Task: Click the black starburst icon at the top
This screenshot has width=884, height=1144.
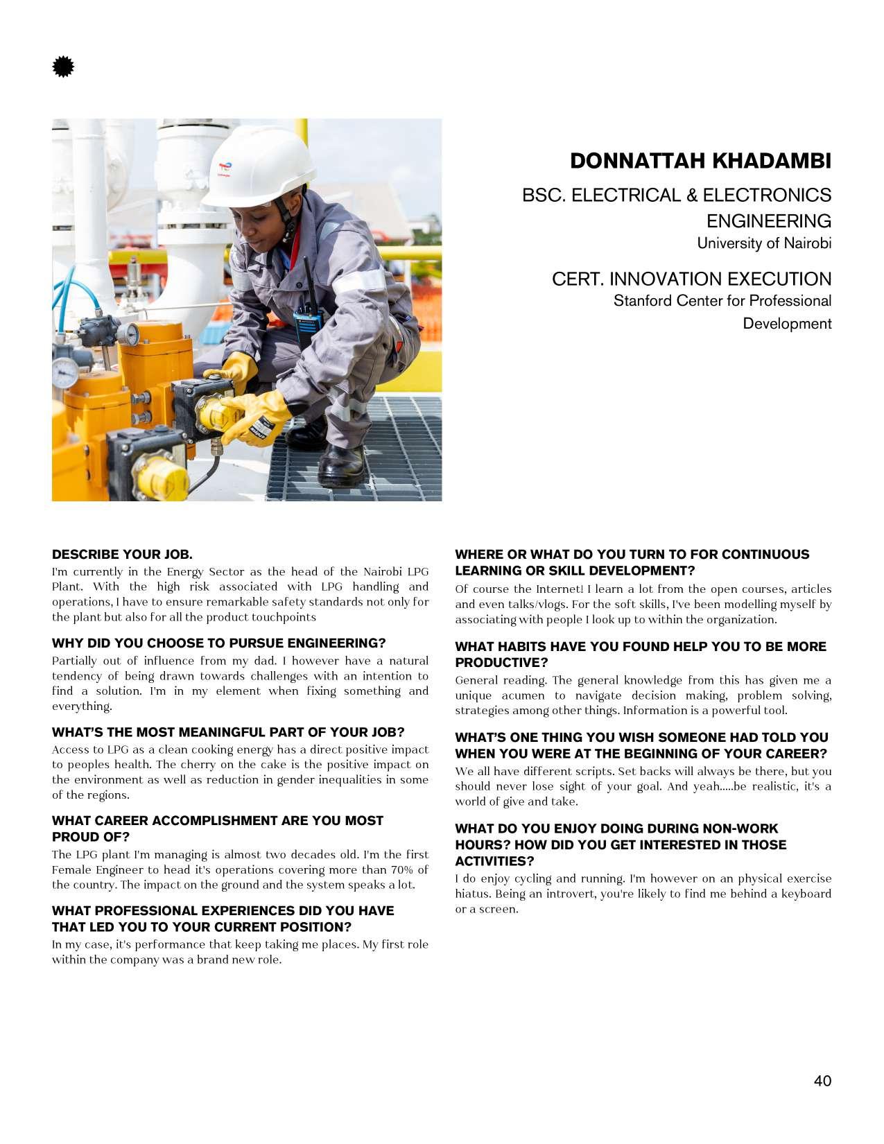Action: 63,67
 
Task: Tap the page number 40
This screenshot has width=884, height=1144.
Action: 822,1081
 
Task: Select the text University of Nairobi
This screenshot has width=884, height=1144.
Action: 763,243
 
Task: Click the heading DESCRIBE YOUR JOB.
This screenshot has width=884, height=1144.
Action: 122,555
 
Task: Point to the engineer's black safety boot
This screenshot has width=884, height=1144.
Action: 341,465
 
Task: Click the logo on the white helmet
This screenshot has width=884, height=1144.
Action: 224,170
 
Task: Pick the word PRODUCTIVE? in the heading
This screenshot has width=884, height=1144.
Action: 501,663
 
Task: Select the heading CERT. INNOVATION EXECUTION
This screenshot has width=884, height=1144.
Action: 691,279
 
